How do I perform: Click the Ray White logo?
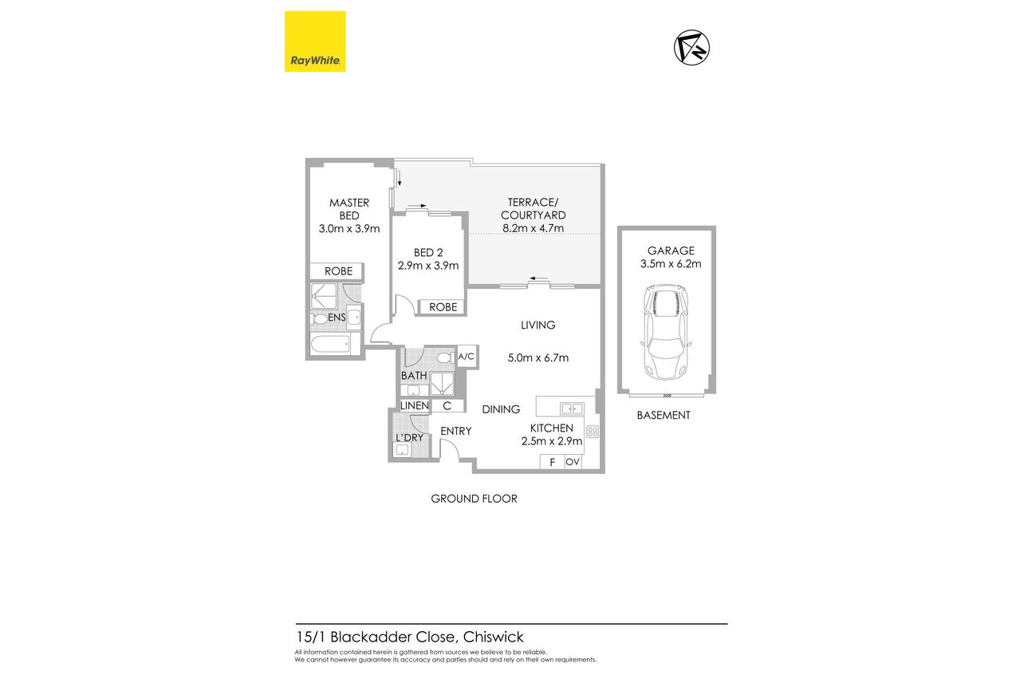point(315,41)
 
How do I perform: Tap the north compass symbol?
point(691,48)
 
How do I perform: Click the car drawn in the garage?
point(667,333)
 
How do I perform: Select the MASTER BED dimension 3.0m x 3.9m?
point(349,229)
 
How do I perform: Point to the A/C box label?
point(467,357)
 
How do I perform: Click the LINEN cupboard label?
point(415,406)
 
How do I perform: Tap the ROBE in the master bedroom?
point(338,271)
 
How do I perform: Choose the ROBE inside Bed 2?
point(443,307)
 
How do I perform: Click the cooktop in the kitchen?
point(593,432)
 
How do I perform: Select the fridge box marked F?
point(552,462)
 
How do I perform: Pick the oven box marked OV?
point(573,462)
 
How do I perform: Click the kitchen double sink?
point(573,409)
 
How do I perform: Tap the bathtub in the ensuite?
point(330,344)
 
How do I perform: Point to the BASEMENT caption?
point(664,416)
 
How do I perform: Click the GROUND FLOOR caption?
point(474,499)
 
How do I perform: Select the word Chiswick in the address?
point(494,637)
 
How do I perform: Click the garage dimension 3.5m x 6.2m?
point(671,264)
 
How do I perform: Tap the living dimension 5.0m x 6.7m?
point(538,357)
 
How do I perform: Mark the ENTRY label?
point(455,431)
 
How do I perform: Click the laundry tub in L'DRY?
point(402,450)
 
